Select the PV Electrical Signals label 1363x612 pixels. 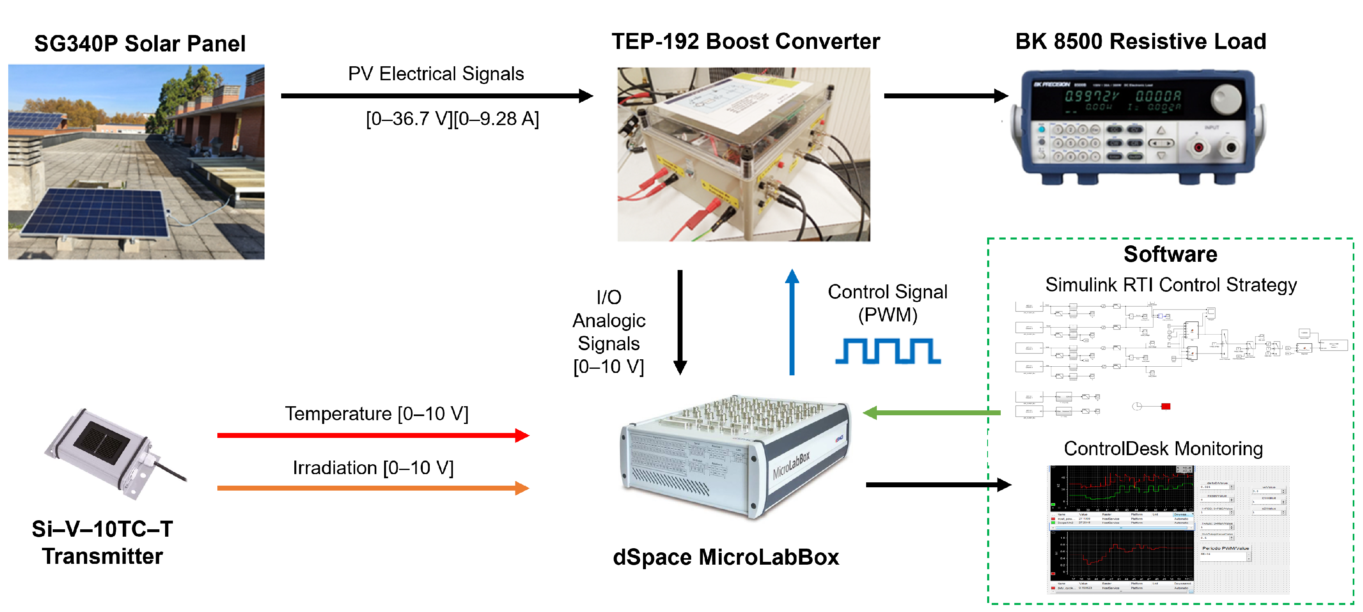click(x=436, y=74)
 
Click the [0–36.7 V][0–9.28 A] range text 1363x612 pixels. click(x=452, y=119)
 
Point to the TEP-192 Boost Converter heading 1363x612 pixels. click(x=746, y=41)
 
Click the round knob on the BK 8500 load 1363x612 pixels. click(x=1226, y=98)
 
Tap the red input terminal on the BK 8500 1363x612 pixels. click(x=1198, y=147)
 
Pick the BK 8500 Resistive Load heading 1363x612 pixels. click(x=1140, y=41)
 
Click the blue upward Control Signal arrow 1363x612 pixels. click(x=792, y=323)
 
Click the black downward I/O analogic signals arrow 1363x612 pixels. click(x=680, y=323)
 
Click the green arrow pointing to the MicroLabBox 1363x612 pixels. click(x=931, y=412)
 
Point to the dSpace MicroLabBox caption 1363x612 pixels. click(x=725, y=557)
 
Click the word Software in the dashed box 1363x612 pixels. click(x=1170, y=254)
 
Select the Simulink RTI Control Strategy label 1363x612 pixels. click(x=1170, y=284)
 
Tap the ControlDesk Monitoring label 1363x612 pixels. click(x=1163, y=449)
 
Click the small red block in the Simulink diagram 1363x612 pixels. click(x=1166, y=406)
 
